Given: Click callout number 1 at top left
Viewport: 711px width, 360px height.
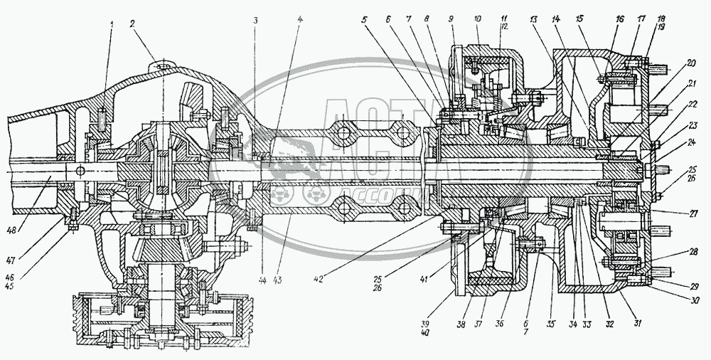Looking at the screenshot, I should (111, 25).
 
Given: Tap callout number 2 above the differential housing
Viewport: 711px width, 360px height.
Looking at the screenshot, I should (132, 23).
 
